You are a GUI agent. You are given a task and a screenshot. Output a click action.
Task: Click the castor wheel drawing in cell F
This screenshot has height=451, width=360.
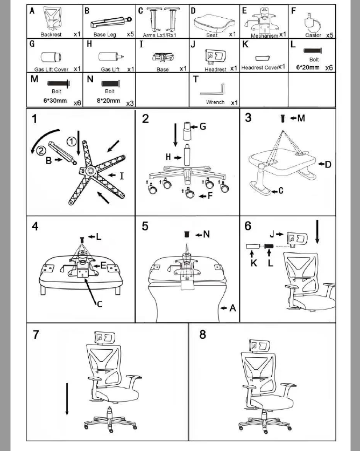pos(310,22)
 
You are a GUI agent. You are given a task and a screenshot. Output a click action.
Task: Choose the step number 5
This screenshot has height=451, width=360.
pos(145,226)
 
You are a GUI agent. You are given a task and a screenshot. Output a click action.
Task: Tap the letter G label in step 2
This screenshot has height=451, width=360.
pos(202,127)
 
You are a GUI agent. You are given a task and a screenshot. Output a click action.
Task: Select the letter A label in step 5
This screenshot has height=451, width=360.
pos(232,308)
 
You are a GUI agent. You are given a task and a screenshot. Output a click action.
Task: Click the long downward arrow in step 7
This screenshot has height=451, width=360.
pos(67,398)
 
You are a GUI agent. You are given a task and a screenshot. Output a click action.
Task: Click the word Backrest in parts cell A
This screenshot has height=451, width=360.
pos(51,34)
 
